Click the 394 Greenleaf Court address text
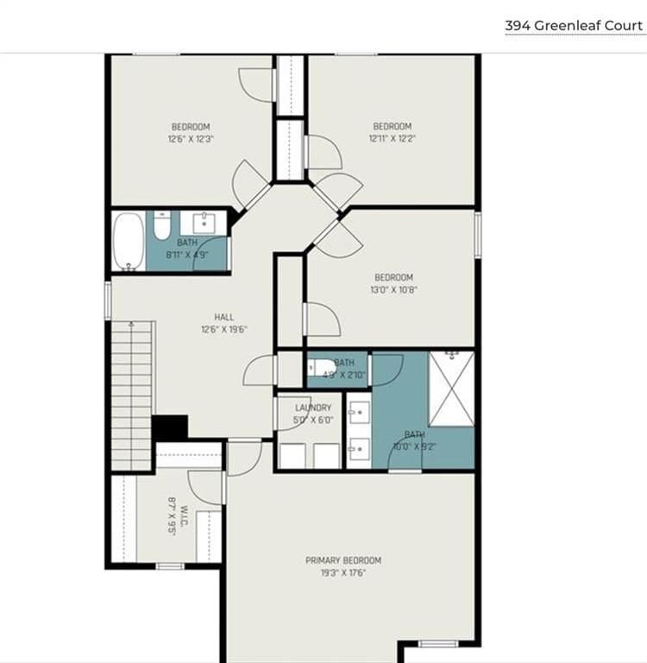[x=574, y=25]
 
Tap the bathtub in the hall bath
[x=129, y=242]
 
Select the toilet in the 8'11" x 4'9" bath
[x=161, y=226]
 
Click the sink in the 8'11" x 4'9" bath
[x=205, y=223]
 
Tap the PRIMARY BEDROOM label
[x=342, y=560]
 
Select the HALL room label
[x=223, y=317]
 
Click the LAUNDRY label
[x=312, y=407]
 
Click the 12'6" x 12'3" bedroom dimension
[x=190, y=138]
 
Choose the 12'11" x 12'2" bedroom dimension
[x=392, y=138]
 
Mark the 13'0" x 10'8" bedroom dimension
[x=393, y=289]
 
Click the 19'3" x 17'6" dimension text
[x=342, y=572]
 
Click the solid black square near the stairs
[x=170, y=427]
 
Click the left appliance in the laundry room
[x=293, y=455]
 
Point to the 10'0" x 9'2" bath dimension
[x=415, y=446]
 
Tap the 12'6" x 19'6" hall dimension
[x=223, y=329]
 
